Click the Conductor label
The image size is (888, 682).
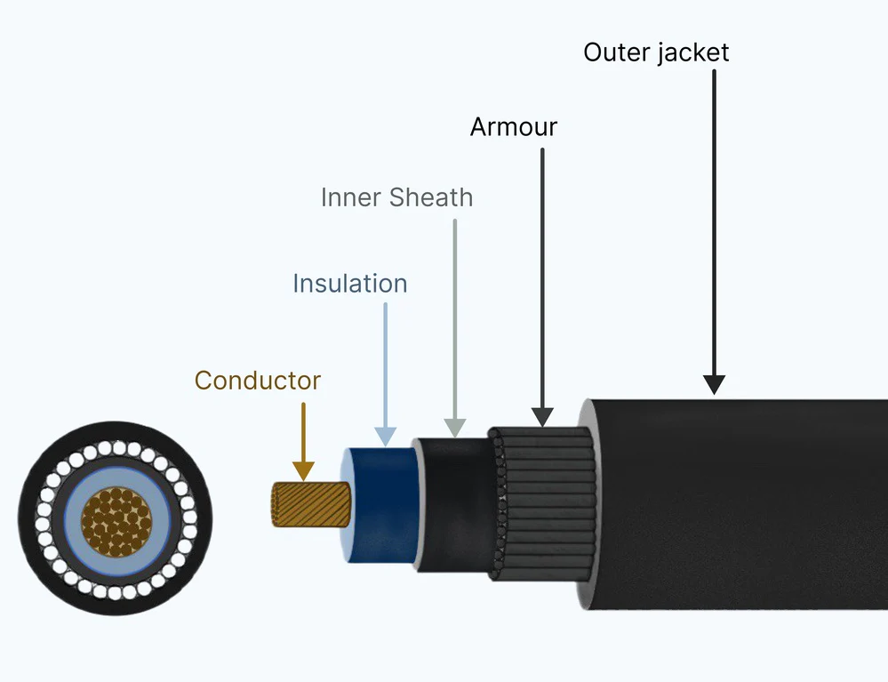tap(258, 381)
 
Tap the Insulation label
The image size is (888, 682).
tap(350, 284)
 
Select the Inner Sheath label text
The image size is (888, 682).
tap(396, 197)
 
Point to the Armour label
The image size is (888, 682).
tap(514, 127)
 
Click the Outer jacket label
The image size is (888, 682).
tap(656, 52)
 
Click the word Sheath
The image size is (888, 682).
tap(433, 197)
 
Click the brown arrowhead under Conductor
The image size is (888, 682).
tap(303, 471)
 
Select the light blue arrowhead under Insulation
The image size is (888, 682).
tap(385, 436)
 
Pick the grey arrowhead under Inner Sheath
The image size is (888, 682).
tap(454, 428)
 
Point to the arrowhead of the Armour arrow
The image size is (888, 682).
tap(542, 416)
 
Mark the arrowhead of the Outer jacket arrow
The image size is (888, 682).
tap(714, 384)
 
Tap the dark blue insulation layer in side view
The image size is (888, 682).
tap(382, 507)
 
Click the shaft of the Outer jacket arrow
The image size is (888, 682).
tap(714, 222)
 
